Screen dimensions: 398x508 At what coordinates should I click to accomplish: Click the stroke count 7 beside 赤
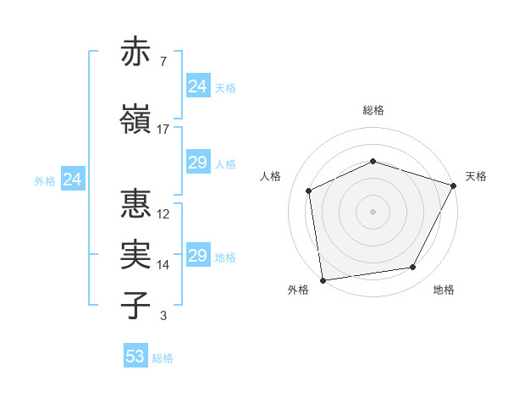pos(163,61)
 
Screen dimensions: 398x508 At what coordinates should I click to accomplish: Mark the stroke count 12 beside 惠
pos(163,213)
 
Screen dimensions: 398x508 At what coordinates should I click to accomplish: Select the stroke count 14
pos(163,264)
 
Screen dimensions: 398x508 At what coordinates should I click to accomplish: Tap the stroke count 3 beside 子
pos(163,316)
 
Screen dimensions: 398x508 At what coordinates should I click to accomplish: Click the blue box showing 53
pos(135,357)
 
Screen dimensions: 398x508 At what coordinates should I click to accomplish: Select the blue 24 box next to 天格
pos(198,86)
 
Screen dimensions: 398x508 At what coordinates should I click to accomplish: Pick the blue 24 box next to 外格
pos(73,180)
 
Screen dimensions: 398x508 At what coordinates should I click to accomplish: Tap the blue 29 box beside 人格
pos(198,163)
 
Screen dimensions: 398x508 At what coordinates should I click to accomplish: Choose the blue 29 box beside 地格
pos(198,256)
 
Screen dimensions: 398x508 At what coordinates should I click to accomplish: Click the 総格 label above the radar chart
pos(373,110)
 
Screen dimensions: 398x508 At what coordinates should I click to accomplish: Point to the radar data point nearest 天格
pos(454,185)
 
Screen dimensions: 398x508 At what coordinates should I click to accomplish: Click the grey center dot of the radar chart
pos(373,211)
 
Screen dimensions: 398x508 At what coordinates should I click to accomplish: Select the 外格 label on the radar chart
pos(298,290)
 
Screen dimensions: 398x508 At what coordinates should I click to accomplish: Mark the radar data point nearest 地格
pos(413,268)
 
